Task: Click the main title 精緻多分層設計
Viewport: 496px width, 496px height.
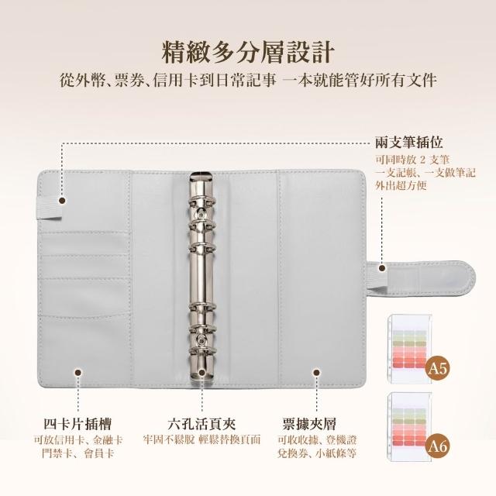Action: pyautogui.click(x=248, y=51)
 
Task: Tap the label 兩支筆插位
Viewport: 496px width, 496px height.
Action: pyautogui.click(x=408, y=143)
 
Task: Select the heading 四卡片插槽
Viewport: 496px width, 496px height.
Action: pyautogui.click(x=77, y=424)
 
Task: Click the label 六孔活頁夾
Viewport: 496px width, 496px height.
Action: pyautogui.click(x=201, y=424)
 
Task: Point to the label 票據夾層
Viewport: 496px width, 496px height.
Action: pyautogui.click(x=309, y=424)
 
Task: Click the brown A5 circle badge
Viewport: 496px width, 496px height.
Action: pyautogui.click(x=437, y=368)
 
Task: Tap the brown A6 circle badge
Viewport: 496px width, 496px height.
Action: pyautogui.click(x=437, y=446)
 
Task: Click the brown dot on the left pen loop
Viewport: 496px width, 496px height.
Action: pyautogui.click(x=62, y=201)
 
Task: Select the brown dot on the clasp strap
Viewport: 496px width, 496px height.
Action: pyautogui.click(x=382, y=268)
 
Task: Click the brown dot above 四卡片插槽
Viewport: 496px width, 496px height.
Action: pyautogui.click(x=77, y=373)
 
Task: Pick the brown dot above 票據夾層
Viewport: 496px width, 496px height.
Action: pyautogui.click(x=316, y=373)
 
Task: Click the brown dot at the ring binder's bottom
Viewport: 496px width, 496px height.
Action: pyautogui.click(x=201, y=373)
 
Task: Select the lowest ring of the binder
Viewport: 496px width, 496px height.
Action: pyautogui.click(x=202, y=352)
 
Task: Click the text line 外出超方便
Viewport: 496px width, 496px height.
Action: pyautogui.click(x=401, y=186)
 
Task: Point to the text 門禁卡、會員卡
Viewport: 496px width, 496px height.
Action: pyautogui.click(x=77, y=453)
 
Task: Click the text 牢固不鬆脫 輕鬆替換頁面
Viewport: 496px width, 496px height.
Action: pyautogui.click(x=201, y=439)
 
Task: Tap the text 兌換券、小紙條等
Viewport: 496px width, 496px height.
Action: pyautogui.click(x=317, y=453)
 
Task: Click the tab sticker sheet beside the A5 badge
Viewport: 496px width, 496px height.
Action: pyautogui.click(x=409, y=349)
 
